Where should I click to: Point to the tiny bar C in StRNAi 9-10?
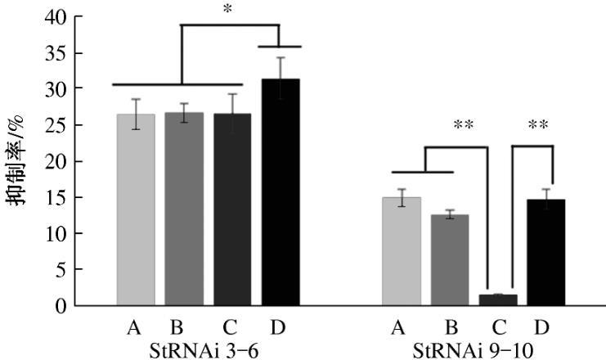point(498,299)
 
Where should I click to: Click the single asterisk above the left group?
point(227,11)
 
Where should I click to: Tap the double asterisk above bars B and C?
point(464,126)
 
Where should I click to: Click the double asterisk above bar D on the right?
point(537,126)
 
